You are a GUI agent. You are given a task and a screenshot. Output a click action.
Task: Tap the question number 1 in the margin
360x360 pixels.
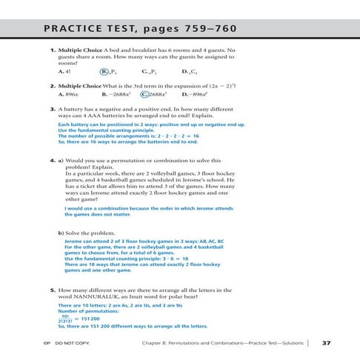click(44, 50)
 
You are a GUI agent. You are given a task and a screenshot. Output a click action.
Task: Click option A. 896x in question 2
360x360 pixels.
click(68, 96)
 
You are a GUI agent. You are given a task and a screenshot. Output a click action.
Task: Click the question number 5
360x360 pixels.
click(44, 290)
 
